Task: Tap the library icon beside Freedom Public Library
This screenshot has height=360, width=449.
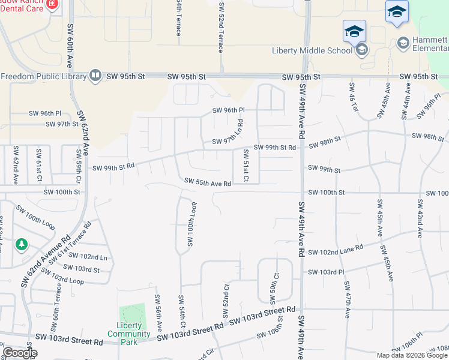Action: pyautogui.click(x=94, y=76)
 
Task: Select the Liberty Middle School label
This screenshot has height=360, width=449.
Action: pyautogui.click(x=312, y=50)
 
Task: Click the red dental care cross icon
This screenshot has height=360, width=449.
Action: pyautogui.click(x=52, y=4)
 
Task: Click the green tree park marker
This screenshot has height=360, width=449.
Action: pyautogui.click(x=22, y=245)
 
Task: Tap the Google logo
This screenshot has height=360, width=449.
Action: pyautogui.click(x=19, y=353)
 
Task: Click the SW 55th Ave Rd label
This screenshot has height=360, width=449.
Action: pyautogui.click(x=208, y=181)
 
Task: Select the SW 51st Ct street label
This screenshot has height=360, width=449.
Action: pyautogui.click(x=246, y=166)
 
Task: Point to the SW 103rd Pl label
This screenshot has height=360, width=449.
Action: pyautogui.click(x=326, y=272)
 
